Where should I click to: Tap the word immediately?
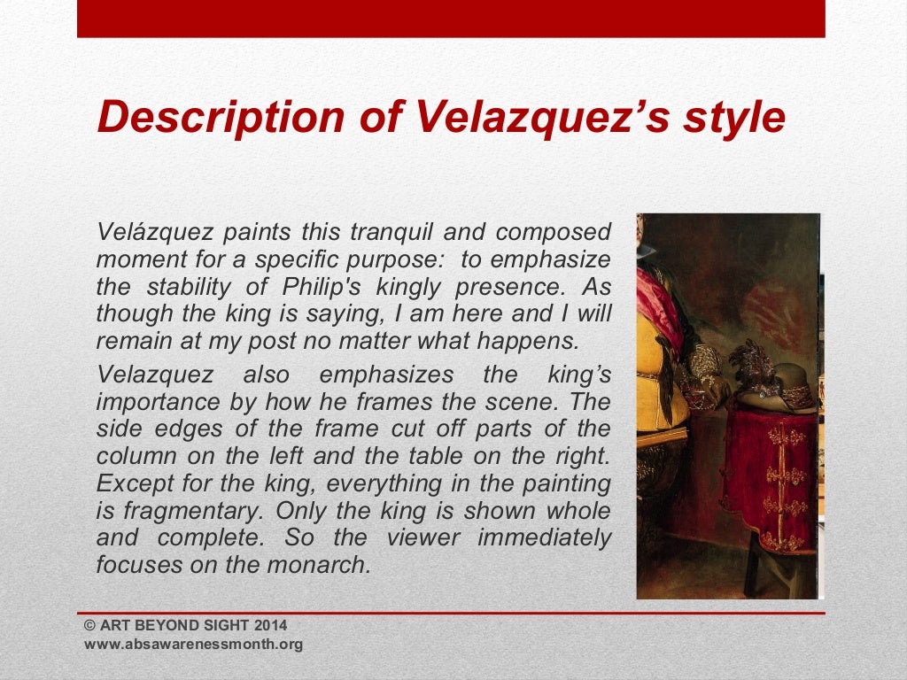pos(543,537)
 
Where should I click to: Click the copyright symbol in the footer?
pos(89,626)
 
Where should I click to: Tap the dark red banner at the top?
pos(451,18)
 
